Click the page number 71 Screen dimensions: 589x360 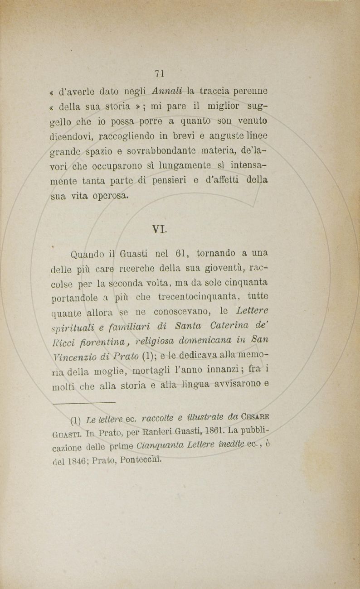click(x=159, y=73)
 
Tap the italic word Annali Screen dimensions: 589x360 click(x=168, y=90)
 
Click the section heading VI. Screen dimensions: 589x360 click(x=160, y=229)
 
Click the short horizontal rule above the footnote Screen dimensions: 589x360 click(x=84, y=402)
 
